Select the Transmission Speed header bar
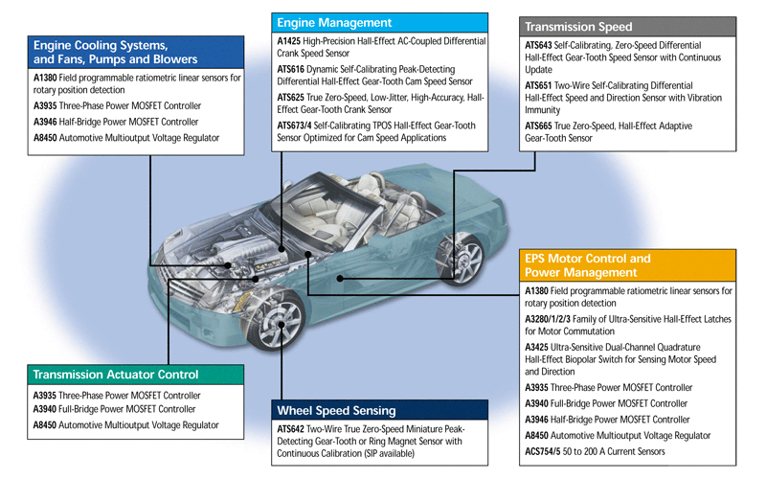(x=578, y=27)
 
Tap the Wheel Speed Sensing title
(x=337, y=410)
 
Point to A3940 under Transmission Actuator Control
(x=46, y=409)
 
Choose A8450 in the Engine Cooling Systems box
(x=46, y=138)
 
